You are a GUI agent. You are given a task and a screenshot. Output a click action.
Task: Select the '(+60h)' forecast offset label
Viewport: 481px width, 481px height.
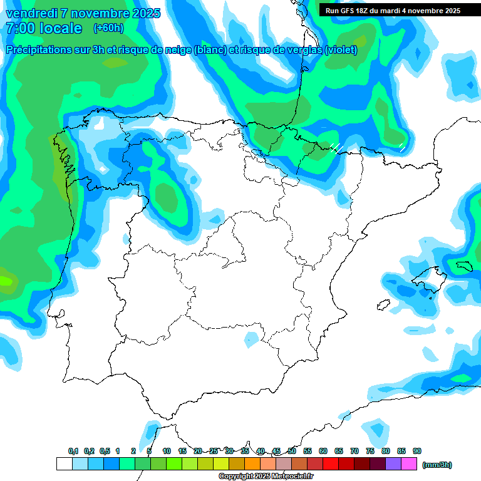[x=108, y=28]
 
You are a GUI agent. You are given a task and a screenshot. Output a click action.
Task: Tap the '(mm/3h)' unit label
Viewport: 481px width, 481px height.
[x=437, y=465]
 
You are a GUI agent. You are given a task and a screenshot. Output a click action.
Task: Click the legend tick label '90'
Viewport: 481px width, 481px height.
[x=417, y=451]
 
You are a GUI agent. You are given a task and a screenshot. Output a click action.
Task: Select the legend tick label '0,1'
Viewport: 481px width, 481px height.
[x=73, y=451]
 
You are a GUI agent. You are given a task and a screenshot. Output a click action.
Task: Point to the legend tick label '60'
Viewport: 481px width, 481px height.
[x=323, y=451]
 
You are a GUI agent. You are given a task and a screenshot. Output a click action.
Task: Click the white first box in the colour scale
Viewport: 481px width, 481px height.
[x=64, y=464]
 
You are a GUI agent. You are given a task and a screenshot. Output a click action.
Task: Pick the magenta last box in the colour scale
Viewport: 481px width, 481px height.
[x=409, y=464]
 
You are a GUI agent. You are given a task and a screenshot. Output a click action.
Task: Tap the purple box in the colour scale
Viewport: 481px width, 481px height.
[x=393, y=464]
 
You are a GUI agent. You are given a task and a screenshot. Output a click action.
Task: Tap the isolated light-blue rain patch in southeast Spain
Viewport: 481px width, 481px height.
[x=251, y=339]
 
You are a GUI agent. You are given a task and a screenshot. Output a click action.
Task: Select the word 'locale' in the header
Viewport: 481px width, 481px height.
[x=61, y=28]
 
